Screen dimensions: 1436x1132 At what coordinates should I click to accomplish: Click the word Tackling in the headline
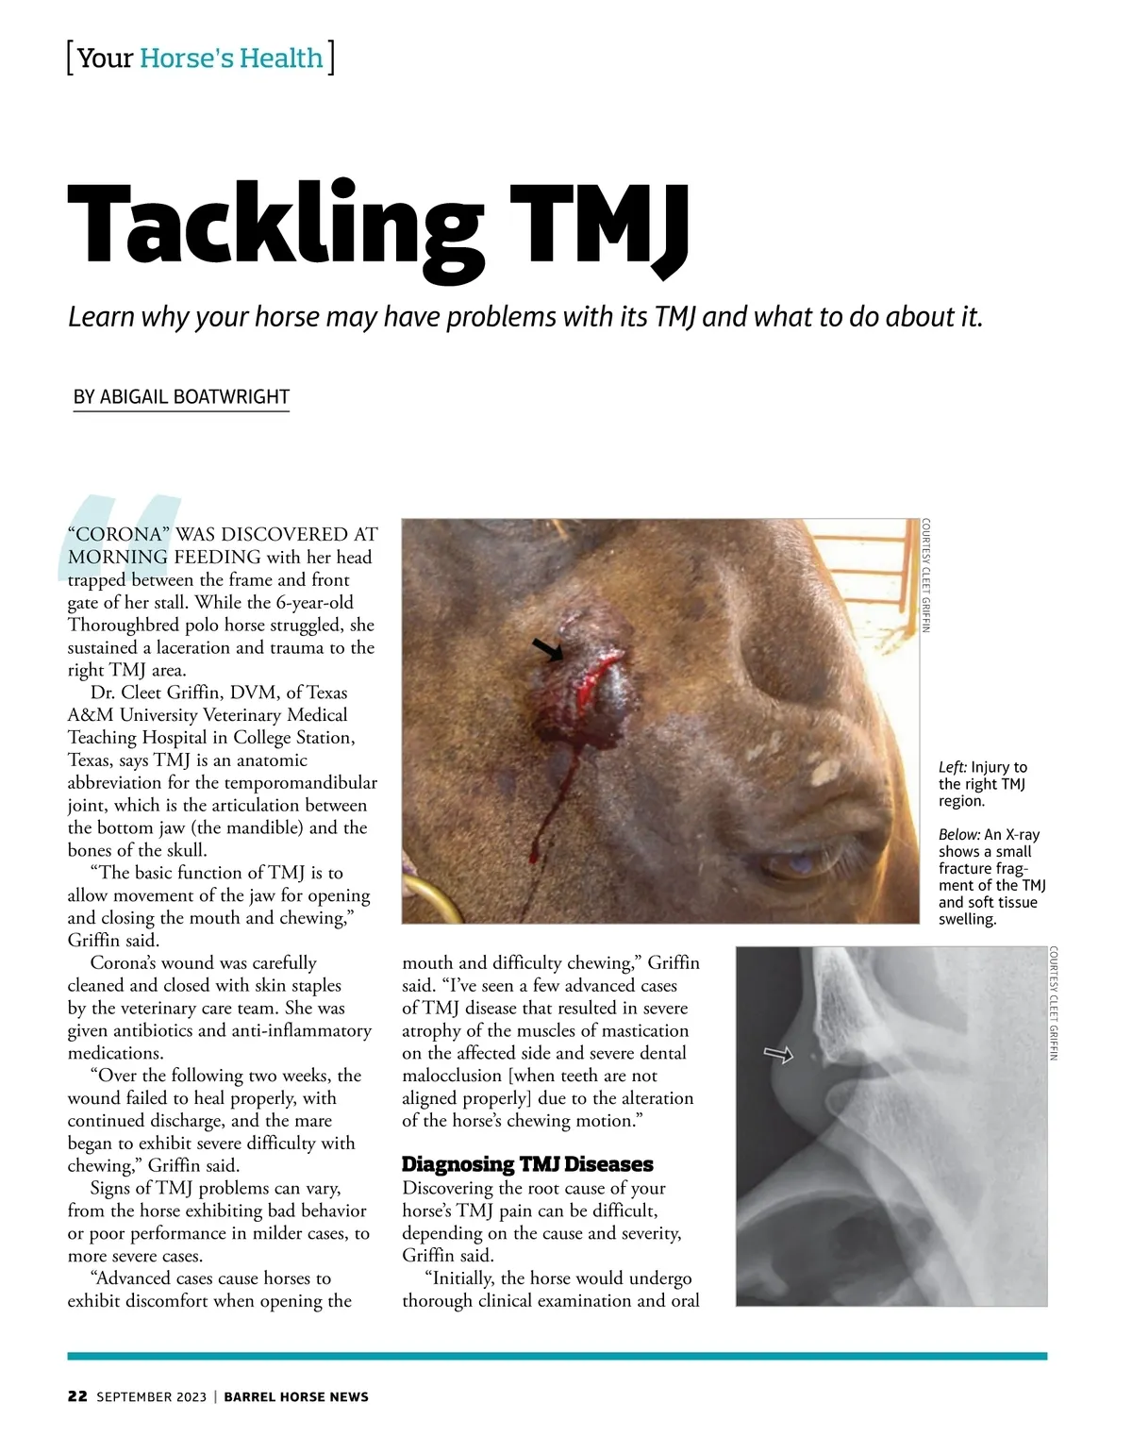274,226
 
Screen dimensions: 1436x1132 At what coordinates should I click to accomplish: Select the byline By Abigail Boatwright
181,397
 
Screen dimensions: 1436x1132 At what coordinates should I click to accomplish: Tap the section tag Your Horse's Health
201,58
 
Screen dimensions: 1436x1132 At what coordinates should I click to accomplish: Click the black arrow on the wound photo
547,649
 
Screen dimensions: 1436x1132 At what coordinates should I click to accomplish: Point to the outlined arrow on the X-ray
778,1054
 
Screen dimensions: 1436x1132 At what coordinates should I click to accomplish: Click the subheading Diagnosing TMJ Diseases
527,1164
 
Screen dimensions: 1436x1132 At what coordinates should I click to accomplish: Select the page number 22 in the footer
77,1396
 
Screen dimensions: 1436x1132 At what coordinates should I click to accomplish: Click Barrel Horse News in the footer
296,1396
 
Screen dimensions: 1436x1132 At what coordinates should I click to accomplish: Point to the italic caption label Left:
952,767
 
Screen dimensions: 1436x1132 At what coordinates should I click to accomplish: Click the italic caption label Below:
958,835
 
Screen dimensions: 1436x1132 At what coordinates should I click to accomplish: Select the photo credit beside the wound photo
926,576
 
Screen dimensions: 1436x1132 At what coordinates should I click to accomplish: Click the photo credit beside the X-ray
1054,1004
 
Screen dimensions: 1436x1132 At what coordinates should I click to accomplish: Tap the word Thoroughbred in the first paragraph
124,626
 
